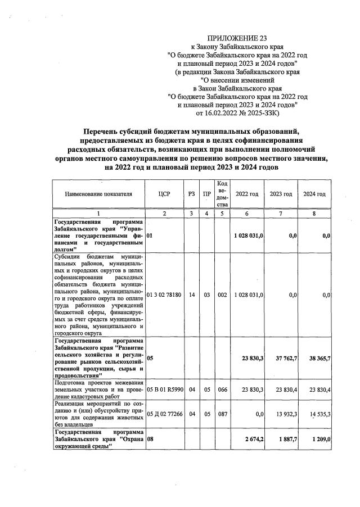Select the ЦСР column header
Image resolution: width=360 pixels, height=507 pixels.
164,194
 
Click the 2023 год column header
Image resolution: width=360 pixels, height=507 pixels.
281,194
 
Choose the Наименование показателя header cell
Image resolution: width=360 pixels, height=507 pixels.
98,194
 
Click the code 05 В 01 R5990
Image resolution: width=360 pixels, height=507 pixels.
164,388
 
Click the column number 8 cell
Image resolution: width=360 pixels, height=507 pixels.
314,214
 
